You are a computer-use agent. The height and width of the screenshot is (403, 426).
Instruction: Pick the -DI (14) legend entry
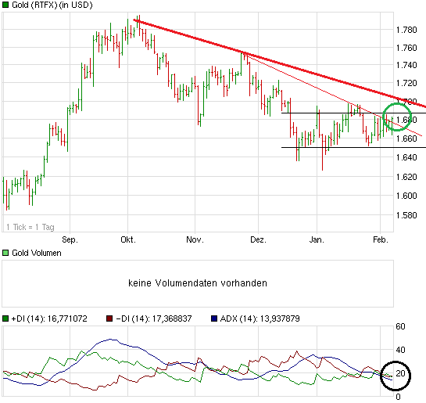(151, 318)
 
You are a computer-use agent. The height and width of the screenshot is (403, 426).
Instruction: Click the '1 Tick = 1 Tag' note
(30, 227)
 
